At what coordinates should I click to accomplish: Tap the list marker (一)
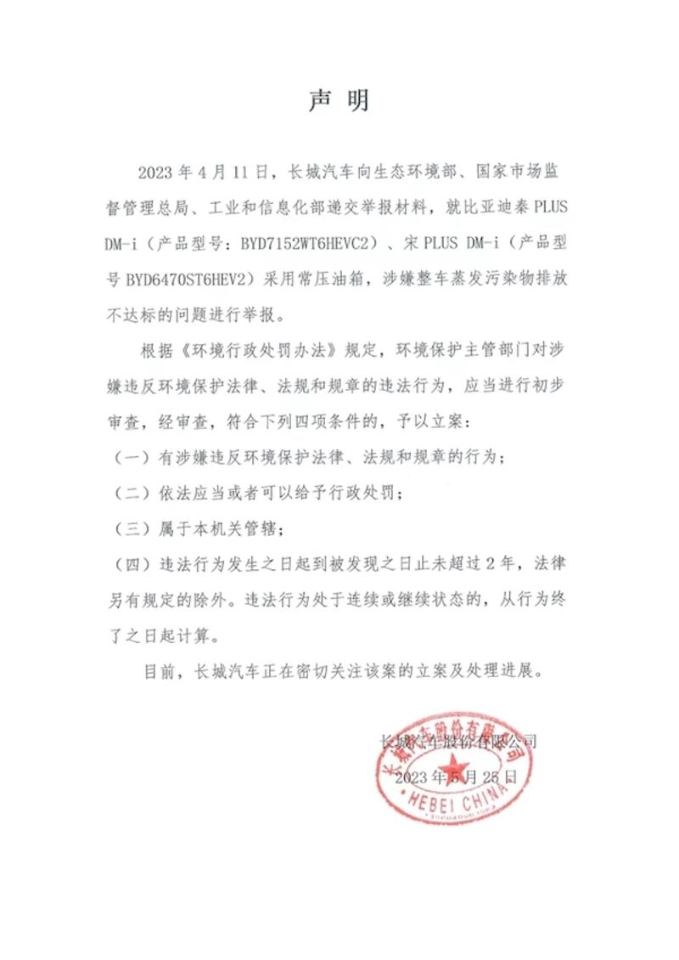130,457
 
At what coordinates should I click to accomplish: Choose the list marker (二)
130,493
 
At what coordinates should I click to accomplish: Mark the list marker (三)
130,528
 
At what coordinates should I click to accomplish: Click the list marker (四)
130,564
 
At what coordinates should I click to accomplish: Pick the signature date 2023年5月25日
456,776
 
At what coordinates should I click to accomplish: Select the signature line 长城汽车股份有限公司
457,741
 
